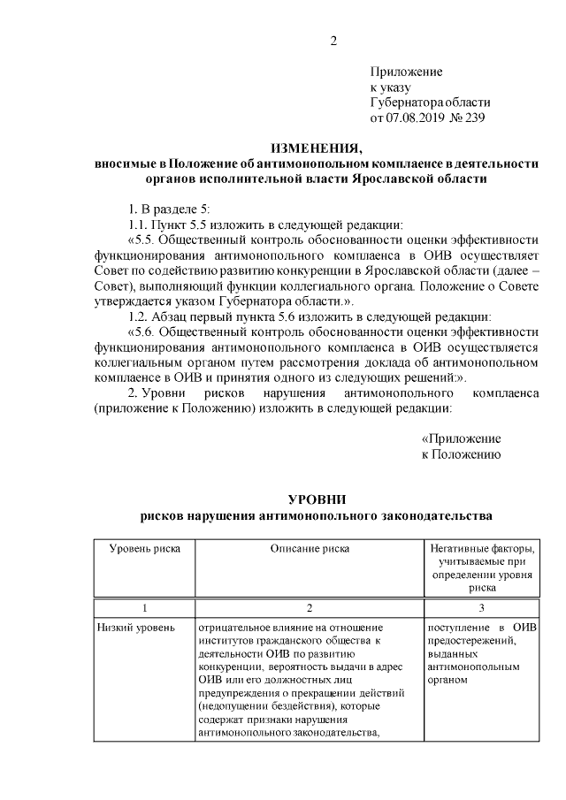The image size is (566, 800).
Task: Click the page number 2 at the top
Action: [333, 42]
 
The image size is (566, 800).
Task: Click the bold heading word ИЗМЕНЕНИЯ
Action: [316, 147]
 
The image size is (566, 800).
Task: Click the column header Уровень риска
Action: [145, 548]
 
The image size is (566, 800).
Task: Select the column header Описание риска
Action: [310, 548]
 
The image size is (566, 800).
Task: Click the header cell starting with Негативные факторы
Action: [482, 548]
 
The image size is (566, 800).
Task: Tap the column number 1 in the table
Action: [145, 608]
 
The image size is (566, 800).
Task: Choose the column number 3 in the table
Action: [482, 608]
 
